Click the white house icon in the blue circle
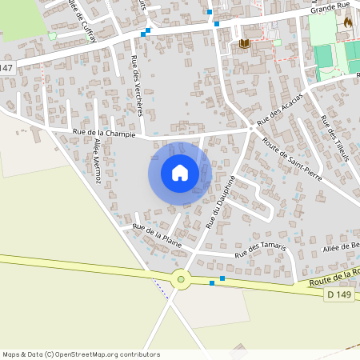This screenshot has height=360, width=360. [180, 172]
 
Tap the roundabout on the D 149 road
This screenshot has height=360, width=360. [181, 279]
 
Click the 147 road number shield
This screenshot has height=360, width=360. [6, 69]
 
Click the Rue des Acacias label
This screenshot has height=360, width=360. [280, 111]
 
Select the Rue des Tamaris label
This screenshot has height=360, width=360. [261, 250]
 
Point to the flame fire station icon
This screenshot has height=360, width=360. [347, 23]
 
